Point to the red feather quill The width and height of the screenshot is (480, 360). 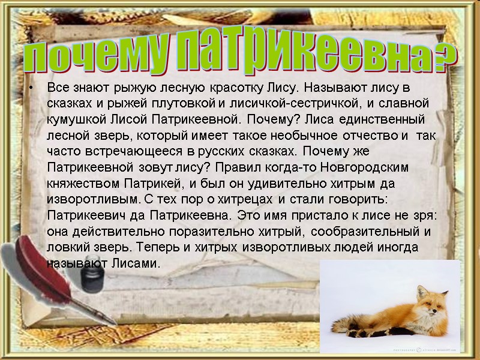click(x=36, y=264)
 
